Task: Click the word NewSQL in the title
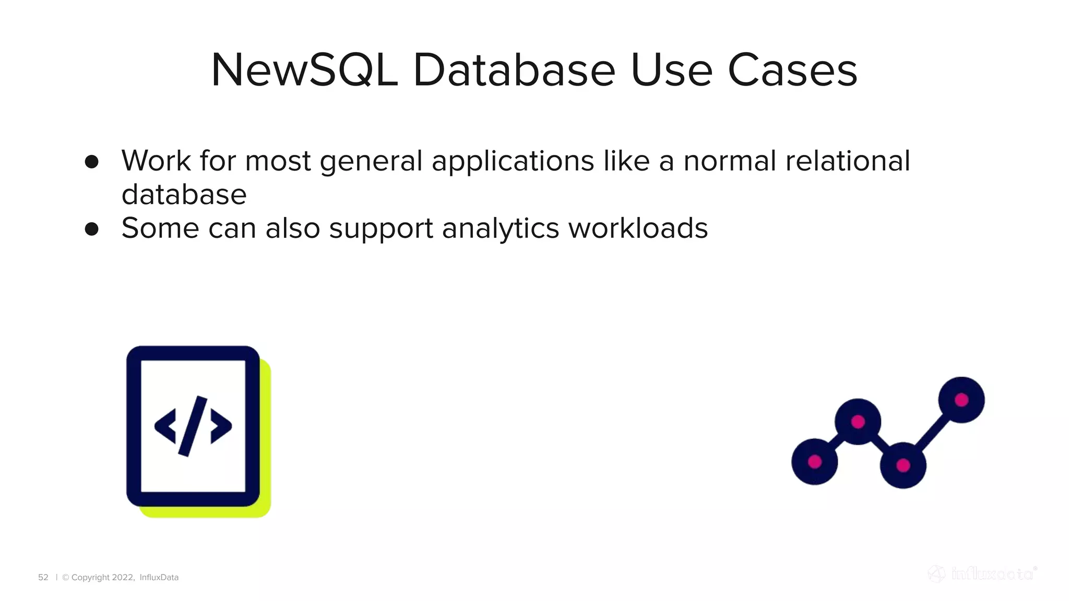304,70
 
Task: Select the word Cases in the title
792,70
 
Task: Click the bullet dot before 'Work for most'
92,162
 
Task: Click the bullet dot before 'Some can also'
92,229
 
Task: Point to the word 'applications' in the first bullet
513,161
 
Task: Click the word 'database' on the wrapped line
184,195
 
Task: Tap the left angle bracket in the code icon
165,426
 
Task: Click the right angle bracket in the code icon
221,426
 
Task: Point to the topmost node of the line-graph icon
961,400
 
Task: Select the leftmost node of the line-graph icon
814,462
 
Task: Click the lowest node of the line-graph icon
903,465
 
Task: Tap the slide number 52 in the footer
43,578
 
